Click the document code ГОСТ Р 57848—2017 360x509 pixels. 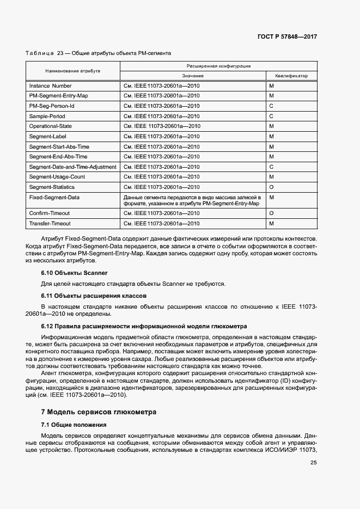click(x=286, y=36)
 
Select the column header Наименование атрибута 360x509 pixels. click(x=72, y=71)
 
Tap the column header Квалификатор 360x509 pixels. click(x=291, y=76)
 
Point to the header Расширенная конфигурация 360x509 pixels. click(x=218, y=65)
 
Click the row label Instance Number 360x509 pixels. click(x=50, y=86)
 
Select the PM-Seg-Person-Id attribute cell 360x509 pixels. click(x=52, y=106)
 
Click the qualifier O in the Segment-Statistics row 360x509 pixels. click(x=271, y=187)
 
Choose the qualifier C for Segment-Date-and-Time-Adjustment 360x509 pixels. click(x=271, y=167)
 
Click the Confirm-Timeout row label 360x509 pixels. click(x=50, y=213)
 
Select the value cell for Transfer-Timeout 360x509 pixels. click(x=162, y=224)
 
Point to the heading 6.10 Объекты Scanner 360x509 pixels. click(x=74, y=272)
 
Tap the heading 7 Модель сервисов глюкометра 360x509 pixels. click(x=99, y=412)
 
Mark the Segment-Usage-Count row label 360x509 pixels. click(x=57, y=177)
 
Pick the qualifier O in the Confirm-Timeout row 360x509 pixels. click(x=271, y=213)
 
